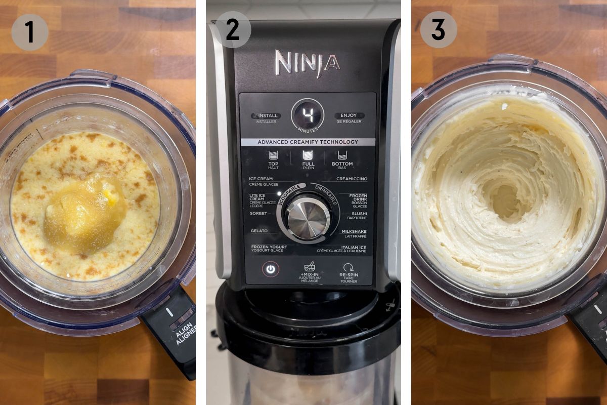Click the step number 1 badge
pos(29,32)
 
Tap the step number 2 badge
pos(232,30)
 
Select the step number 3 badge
pos(438,30)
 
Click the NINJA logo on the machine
pos(307,63)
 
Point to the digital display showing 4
pos(308,114)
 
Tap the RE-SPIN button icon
pos(348,268)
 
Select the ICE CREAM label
pos(261,179)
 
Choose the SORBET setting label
pos(258,214)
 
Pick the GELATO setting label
pos(258,231)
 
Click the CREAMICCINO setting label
pos(352,179)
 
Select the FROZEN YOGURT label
pos(269,247)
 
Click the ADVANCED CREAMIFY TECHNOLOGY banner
pos(308,142)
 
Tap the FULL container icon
pos(308,155)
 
